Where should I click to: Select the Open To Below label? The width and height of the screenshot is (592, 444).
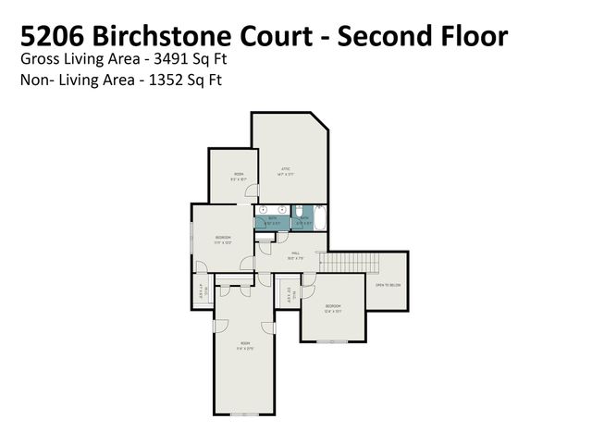click(387, 285)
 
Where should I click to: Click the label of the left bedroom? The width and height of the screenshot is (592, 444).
click(222, 239)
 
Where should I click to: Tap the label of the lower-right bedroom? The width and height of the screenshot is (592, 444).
click(333, 307)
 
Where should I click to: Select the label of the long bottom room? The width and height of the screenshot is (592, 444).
click(244, 346)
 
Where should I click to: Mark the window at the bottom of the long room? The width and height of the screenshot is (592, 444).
click(244, 413)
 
